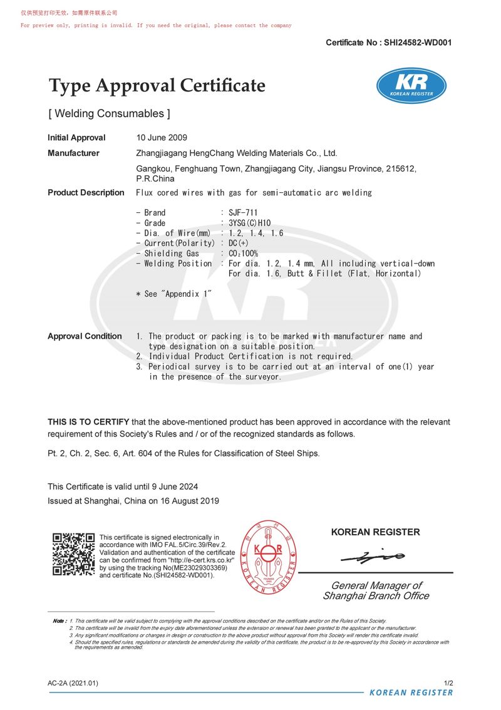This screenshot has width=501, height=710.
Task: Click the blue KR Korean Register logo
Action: [x=411, y=86]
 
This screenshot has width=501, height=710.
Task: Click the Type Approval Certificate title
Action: [x=157, y=86]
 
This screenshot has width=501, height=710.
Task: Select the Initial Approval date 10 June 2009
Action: [x=162, y=138]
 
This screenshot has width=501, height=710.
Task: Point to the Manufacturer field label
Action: [x=73, y=153]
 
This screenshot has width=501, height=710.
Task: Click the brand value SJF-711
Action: [x=243, y=213]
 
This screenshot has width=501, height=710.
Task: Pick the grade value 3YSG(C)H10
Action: [x=250, y=223]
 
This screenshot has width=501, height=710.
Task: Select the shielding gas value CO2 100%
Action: [x=244, y=254]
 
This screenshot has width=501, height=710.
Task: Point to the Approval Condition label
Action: [x=85, y=336]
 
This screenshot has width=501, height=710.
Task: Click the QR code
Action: [x=73, y=554]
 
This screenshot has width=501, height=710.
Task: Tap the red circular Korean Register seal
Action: [x=269, y=558]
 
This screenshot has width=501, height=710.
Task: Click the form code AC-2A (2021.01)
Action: [x=73, y=683]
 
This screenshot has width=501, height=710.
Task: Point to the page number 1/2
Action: [x=448, y=683]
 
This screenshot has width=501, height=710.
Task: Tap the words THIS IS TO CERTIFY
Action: [x=88, y=422]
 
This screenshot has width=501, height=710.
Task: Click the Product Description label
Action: [x=86, y=193]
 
